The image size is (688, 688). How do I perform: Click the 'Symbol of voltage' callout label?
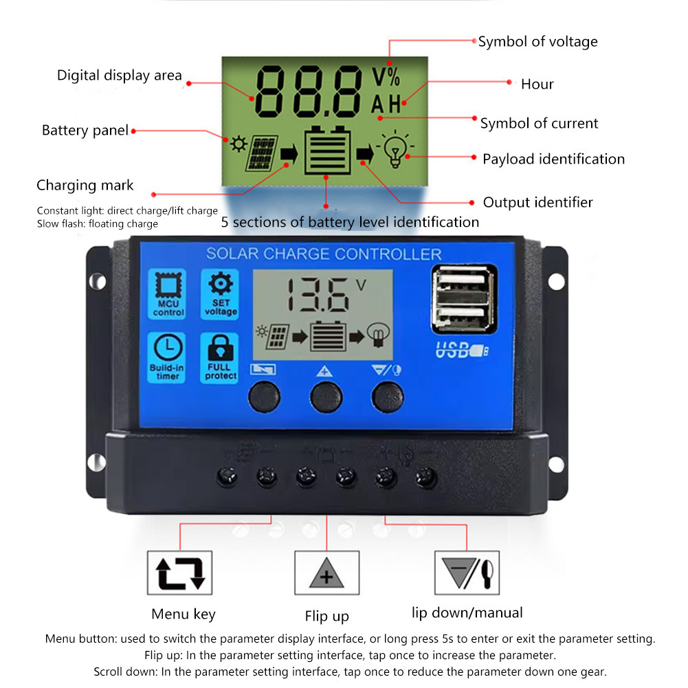(537, 41)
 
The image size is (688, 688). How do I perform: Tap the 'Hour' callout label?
(537, 84)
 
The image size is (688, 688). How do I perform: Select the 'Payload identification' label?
(553, 159)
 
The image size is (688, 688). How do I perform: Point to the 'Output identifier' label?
(537, 202)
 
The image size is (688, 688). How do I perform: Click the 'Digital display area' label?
(119, 75)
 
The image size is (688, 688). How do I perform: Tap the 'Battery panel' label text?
(85, 130)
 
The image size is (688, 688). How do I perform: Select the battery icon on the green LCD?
(325, 150)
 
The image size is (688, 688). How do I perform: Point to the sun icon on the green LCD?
(238, 144)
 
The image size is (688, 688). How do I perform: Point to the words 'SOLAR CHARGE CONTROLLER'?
(324, 254)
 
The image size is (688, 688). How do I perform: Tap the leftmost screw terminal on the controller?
(227, 475)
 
